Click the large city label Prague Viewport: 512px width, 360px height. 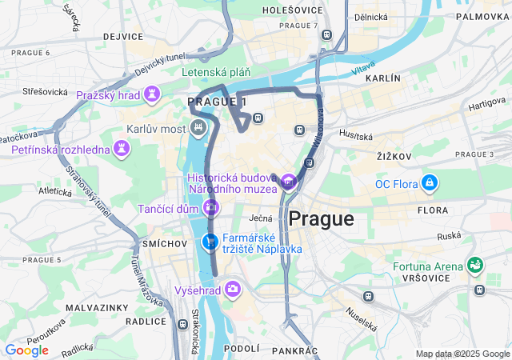click(x=321, y=218)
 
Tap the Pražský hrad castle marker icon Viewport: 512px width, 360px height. click(x=151, y=95)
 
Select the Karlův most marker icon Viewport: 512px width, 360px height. click(x=198, y=128)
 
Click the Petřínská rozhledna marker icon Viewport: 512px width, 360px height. click(x=121, y=149)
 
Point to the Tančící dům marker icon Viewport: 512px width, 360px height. click(x=211, y=208)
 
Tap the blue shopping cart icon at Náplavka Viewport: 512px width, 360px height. click(x=210, y=242)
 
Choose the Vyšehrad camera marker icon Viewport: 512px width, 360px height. click(x=233, y=289)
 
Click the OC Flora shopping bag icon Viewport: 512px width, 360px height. click(x=430, y=184)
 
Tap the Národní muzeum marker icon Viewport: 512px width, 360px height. click(x=288, y=183)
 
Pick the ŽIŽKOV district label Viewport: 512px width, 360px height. click(x=394, y=157)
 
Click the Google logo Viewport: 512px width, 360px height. click(x=26, y=350)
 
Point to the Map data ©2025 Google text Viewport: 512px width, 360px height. click(x=462, y=354)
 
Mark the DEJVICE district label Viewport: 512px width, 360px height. click(x=123, y=37)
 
